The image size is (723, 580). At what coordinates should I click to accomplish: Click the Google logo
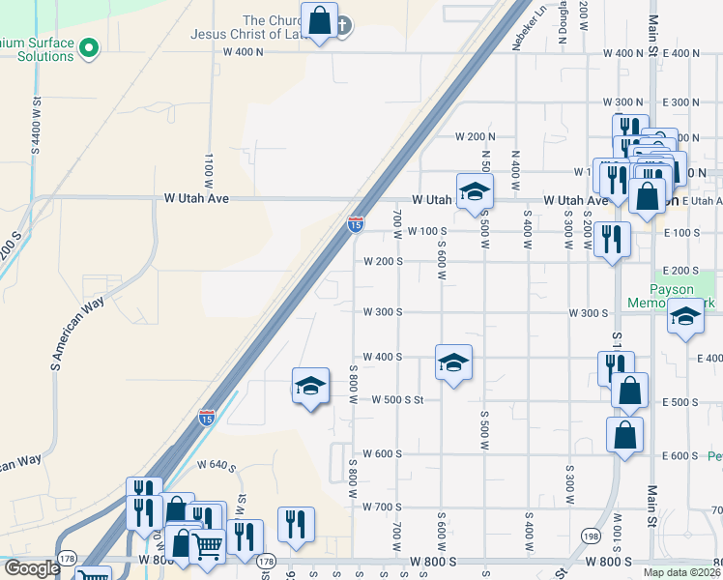pos(31,568)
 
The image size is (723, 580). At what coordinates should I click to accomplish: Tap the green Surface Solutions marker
pos(89,46)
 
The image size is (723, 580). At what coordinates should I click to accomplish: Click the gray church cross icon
pos(342,27)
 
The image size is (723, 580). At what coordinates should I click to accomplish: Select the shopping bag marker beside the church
pos(319,19)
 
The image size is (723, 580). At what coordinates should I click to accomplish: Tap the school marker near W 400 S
pos(454,362)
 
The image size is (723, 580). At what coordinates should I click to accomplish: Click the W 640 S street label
pos(217,465)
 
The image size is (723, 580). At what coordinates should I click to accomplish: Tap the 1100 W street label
pos(209,169)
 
